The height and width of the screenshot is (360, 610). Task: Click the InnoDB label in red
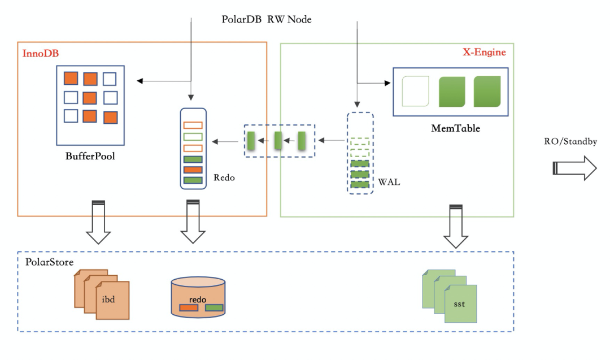click(41, 54)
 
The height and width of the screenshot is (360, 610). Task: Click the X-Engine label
click(484, 52)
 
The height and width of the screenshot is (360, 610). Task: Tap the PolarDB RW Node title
click(267, 20)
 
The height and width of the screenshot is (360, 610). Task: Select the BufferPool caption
click(90, 156)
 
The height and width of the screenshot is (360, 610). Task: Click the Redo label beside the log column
click(224, 177)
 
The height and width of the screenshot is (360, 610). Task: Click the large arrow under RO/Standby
click(574, 168)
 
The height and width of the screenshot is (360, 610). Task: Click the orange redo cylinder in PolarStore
click(198, 297)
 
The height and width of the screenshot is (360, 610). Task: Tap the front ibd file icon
click(114, 300)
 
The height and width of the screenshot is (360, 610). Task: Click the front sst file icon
click(460, 303)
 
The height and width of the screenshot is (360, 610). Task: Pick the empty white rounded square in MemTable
click(416, 92)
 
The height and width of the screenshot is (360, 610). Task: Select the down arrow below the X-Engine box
click(455, 227)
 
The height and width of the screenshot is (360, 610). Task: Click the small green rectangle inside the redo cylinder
click(214, 308)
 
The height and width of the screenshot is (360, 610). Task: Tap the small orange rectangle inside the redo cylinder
click(189, 308)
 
